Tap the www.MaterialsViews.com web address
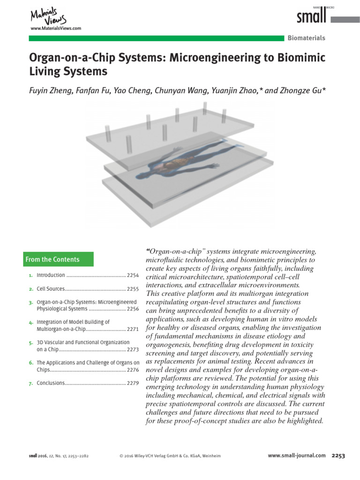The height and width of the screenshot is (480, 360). coord(55,29)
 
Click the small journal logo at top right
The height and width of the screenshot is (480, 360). coord(311,17)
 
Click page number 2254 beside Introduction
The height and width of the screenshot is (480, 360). coord(133,275)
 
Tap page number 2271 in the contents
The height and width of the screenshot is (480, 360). coord(133,329)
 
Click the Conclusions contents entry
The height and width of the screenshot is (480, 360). coord(51,383)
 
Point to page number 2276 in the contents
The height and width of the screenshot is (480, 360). coord(133,369)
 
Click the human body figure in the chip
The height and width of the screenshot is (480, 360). coord(178,162)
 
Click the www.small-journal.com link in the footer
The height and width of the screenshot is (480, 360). coord(296,455)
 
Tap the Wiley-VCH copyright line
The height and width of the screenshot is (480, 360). coord(170,456)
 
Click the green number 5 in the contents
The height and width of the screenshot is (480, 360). coord(30,343)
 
